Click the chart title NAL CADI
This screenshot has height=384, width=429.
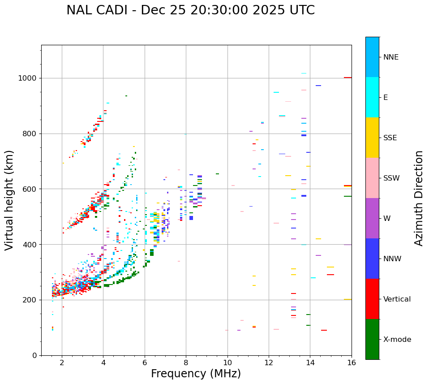click(190, 10)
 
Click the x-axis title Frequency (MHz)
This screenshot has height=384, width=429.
click(196, 374)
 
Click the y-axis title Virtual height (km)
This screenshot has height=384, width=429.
click(9, 200)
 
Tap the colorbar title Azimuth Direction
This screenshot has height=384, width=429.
click(419, 198)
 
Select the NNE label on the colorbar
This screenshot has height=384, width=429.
click(390, 57)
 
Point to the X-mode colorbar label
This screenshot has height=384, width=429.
click(397, 340)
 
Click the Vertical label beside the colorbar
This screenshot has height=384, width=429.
click(397, 299)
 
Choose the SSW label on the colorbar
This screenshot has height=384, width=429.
click(391, 178)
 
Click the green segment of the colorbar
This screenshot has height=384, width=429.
click(372, 339)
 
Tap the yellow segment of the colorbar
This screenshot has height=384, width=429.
click(372, 138)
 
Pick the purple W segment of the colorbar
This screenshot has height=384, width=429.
click(372, 218)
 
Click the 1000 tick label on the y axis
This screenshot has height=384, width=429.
click(28, 78)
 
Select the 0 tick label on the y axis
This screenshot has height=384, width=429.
click(34, 355)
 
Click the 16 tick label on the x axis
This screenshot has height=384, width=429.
click(352, 362)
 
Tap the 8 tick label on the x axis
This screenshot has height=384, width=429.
click(186, 362)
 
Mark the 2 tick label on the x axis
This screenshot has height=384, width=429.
click(62, 362)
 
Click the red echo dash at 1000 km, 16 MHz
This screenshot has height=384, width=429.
click(347, 78)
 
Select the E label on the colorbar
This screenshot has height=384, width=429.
click(386, 98)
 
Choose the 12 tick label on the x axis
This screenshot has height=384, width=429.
click(269, 362)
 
